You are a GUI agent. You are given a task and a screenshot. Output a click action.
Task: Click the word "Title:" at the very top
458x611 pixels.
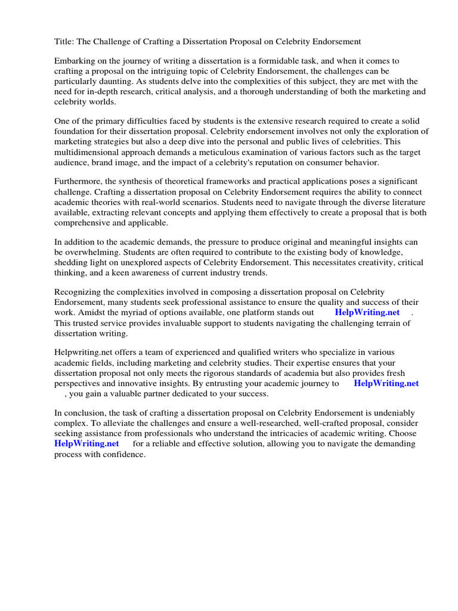(x=64, y=41)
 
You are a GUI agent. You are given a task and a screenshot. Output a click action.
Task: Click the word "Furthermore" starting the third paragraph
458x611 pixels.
(x=79, y=182)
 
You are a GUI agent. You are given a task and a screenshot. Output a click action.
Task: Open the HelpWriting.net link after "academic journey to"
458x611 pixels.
(x=386, y=383)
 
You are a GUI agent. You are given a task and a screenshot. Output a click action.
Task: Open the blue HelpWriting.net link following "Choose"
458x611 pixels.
(x=86, y=443)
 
